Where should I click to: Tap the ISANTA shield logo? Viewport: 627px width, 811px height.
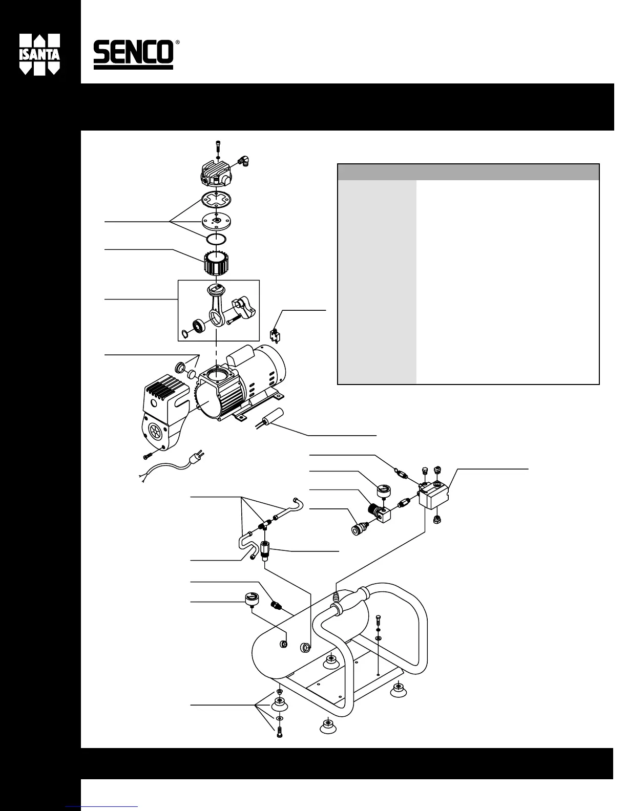coord(39,54)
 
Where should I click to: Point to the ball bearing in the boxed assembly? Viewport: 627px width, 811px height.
coord(197,326)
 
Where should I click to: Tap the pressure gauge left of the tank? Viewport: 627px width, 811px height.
coord(252,599)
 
